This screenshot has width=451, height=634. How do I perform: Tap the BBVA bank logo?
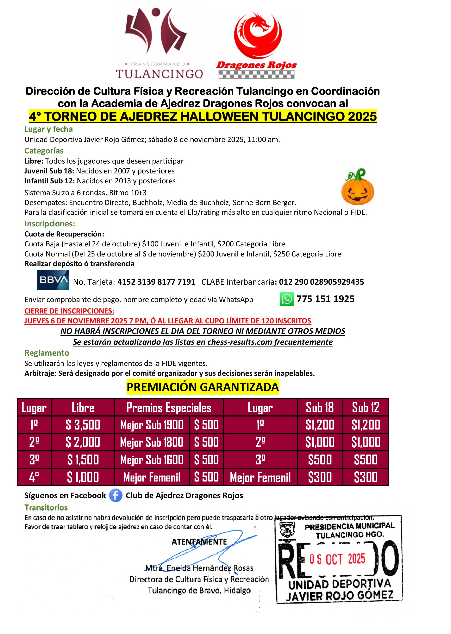click(x=53, y=280)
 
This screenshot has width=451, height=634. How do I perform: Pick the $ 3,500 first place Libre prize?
click(x=83, y=425)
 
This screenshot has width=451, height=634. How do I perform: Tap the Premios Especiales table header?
click(x=169, y=407)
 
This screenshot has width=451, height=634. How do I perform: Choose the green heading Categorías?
click(x=44, y=151)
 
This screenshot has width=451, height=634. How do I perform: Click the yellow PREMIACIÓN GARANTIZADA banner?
click(x=203, y=387)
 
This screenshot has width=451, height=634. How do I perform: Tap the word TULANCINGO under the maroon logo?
click(x=159, y=74)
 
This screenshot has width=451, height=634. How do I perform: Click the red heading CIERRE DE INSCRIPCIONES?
click(x=69, y=311)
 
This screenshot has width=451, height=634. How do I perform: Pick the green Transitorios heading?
click(x=46, y=508)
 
